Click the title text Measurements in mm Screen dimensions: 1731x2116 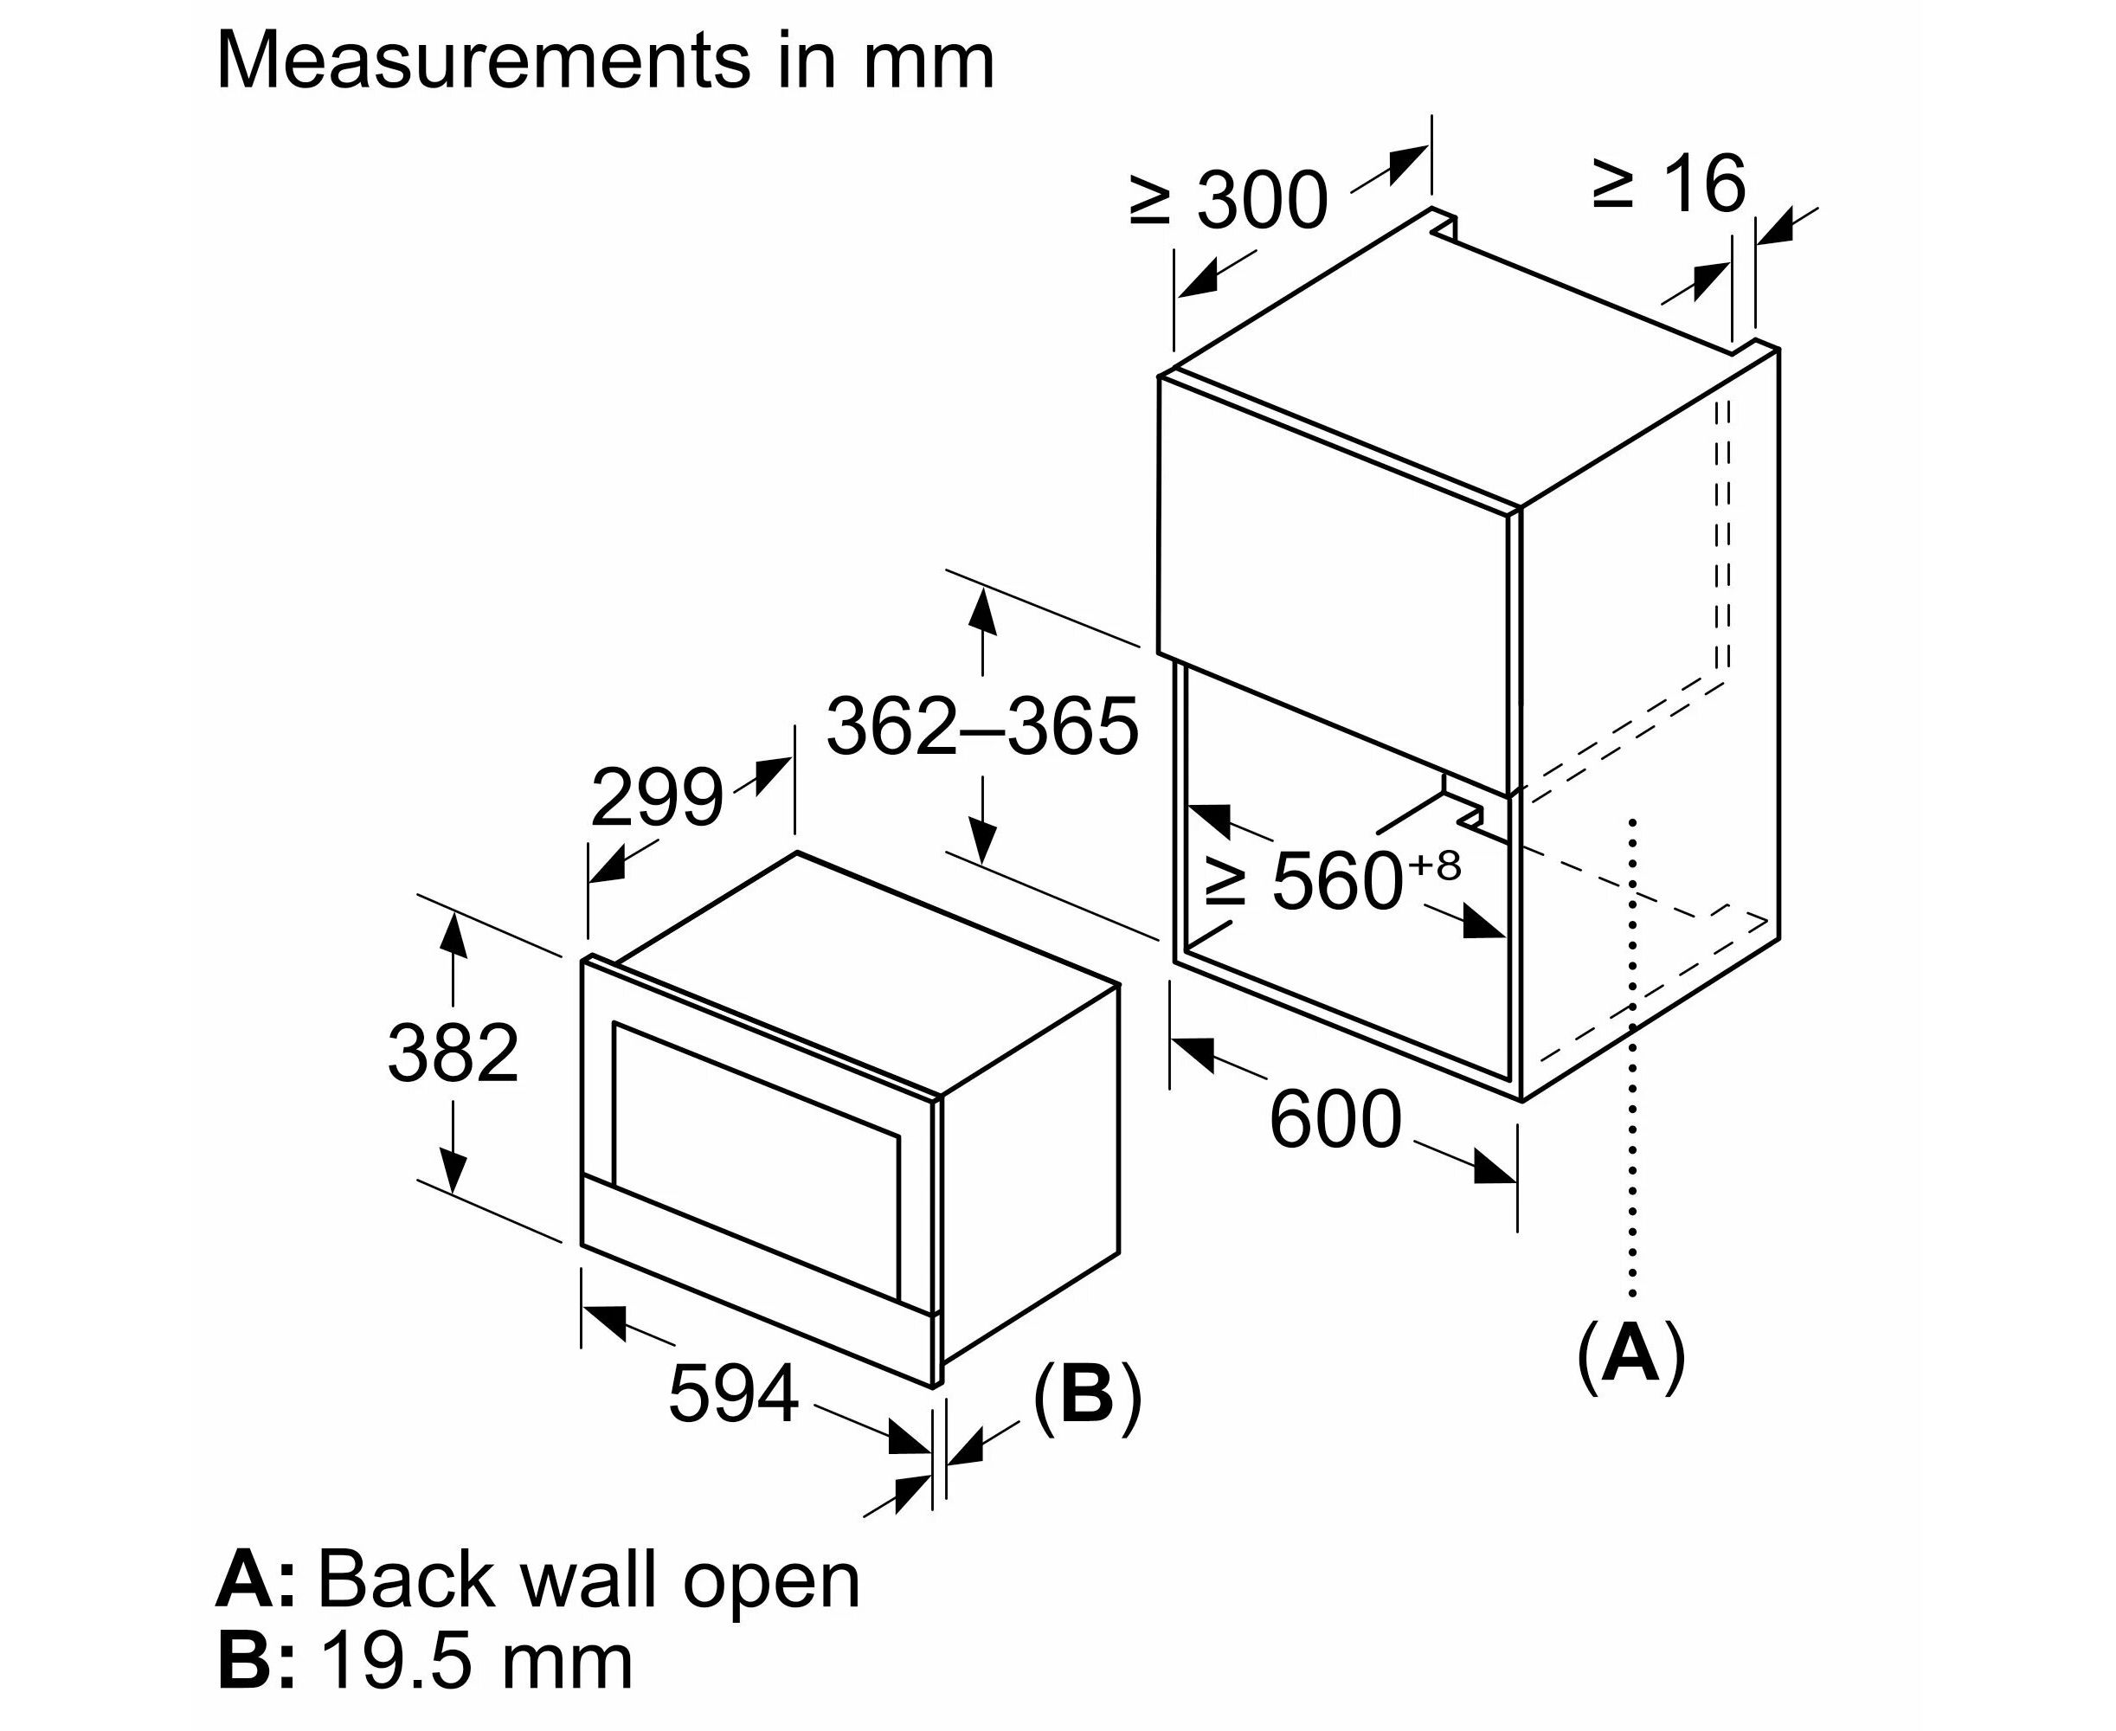point(604,61)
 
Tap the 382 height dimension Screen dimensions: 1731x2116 point(453,1053)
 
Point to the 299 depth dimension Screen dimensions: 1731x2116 point(656,798)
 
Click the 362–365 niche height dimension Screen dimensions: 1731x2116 point(982,727)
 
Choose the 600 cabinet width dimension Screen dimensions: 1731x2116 point(1335,1121)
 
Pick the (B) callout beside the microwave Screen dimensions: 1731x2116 point(1087,1394)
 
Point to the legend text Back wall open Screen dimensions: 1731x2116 point(588,1580)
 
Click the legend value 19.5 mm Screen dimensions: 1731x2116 point(477,1663)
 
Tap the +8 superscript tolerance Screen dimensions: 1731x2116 point(1434,865)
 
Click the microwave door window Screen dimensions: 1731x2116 point(756,1159)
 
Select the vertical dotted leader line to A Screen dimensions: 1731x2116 point(1632,1057)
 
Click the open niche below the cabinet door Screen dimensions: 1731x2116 point(1346,957)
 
